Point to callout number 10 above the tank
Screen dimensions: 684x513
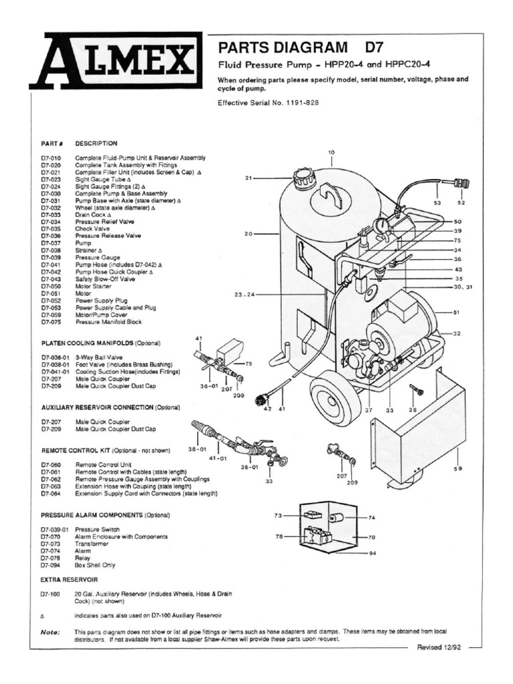tap(331, 153)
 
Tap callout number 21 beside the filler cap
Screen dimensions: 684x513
tap(248, 178)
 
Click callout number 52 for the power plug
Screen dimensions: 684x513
tap(460, 202)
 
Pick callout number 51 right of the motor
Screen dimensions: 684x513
tap(457, 311)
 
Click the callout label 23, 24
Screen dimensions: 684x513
tap(246, 293)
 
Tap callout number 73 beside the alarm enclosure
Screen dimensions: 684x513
tap(279, 516)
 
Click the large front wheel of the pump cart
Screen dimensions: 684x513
tap(335, 401)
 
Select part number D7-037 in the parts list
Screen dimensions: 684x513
tap(51, 243)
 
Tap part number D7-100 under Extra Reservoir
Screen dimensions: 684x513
tap(51, 593)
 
